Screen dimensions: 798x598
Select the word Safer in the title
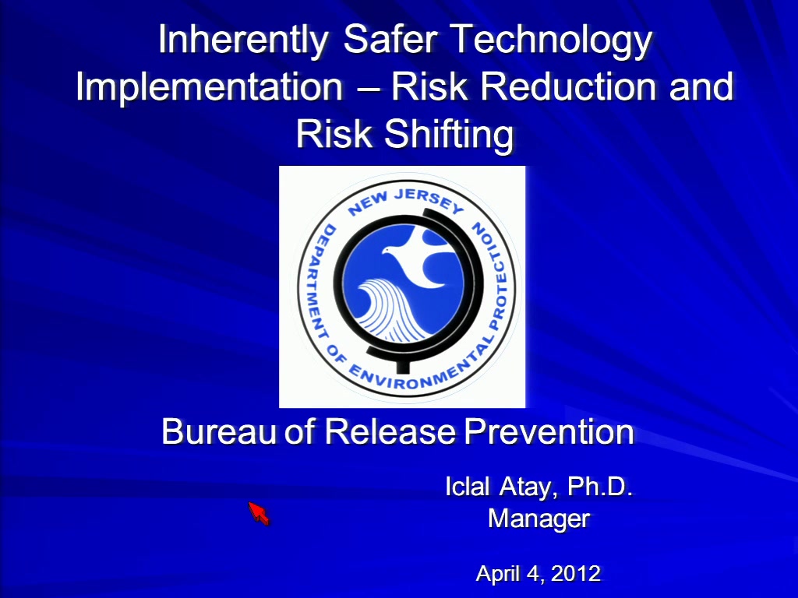[x=390, y=39]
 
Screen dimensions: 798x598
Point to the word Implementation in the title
[x=209, y=87]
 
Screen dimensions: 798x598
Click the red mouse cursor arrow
[x=259, y=512]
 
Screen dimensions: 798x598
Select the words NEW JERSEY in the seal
[x=405, y=202]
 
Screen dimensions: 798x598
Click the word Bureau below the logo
[x=219, y=431]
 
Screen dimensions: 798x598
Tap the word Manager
[x=539, y=519]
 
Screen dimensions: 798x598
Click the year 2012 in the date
[x=576, y=574]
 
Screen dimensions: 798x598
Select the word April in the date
[x=500, y=575]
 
